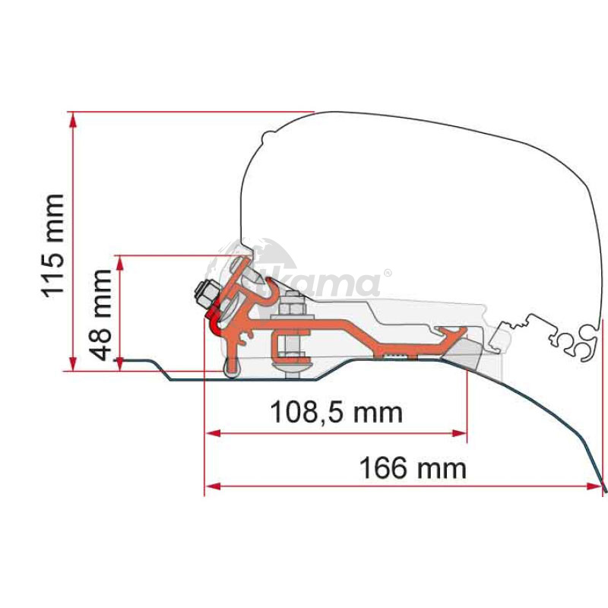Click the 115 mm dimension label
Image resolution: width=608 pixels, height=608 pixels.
[53, 245]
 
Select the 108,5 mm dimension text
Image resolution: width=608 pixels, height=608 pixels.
[336, 413]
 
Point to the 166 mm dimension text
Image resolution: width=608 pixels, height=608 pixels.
[412, 467]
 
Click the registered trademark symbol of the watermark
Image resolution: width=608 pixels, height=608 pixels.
[387, 273]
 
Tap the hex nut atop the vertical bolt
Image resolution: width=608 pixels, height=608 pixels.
[290, 311]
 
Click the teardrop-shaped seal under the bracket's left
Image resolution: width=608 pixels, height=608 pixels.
[231, 368]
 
